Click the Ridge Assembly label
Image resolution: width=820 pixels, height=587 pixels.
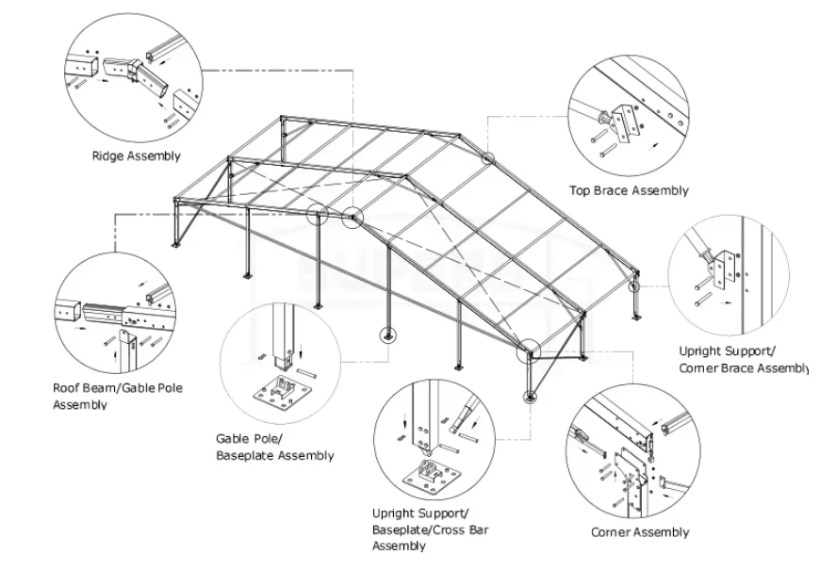136,155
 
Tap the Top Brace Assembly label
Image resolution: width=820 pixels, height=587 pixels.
629,190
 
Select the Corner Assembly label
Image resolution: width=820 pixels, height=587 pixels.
640,532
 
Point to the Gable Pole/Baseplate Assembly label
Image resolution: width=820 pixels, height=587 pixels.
274,448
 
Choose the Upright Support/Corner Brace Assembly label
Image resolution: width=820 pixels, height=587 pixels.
744,359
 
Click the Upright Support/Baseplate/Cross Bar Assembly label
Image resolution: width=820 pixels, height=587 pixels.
430,530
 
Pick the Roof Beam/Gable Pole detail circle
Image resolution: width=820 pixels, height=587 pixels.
116,312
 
